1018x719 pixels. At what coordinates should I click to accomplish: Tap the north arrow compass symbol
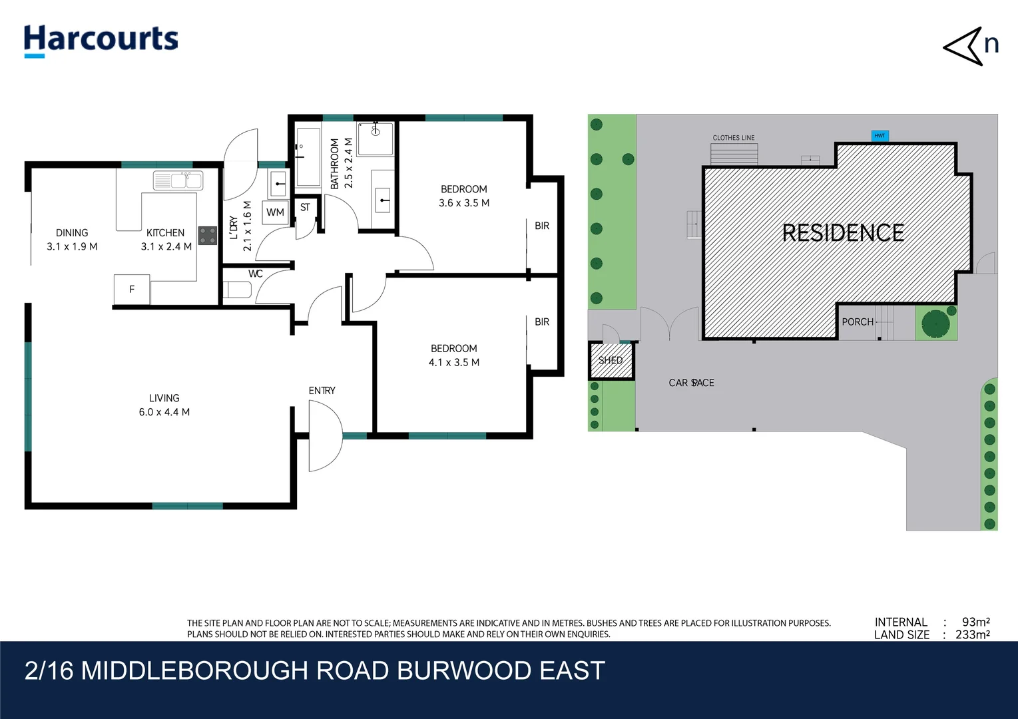[x=970, y=46]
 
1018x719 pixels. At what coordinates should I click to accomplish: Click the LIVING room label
[x=164, y=398]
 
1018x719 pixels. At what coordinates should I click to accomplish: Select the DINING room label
[x=72, y=233]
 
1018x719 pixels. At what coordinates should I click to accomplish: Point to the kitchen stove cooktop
[x=208, y=236]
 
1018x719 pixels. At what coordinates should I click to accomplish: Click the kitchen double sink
[x=178, y=180]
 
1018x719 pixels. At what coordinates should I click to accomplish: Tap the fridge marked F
[x=132, y=290]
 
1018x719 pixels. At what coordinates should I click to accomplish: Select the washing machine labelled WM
[x=275, y=212]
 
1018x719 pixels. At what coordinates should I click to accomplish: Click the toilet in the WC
[x=237, y=290]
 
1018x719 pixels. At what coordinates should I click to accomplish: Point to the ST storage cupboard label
[x=305, y=207]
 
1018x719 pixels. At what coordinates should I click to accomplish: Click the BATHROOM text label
[x=335, y=164]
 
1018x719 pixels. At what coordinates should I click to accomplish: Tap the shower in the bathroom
[x=376, y=138]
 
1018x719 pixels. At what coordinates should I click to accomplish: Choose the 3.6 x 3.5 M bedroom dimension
[x=464, y=203]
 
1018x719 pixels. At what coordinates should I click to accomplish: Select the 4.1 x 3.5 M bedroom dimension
[x=454, y=363]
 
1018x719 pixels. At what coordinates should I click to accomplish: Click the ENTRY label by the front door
[x=322, y=391]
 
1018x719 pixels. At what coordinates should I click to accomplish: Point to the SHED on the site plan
[x=611, y=360]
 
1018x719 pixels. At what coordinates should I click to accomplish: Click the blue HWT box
[x=880, y=136]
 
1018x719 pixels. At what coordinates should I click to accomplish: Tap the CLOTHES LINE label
[x=734, y=138]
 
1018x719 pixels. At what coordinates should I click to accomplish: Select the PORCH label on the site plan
[x=858, y=322]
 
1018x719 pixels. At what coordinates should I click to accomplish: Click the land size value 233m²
[x=972, y=634]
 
